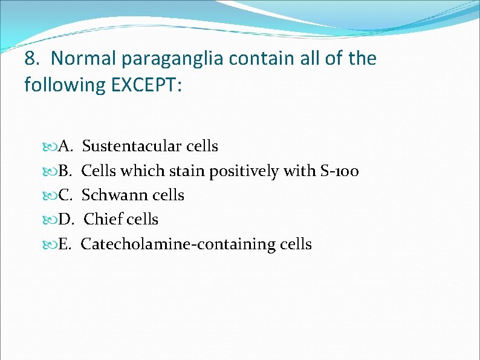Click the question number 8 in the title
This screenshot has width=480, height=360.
[x=31, y=59]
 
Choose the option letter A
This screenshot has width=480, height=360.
[x=66, y=146]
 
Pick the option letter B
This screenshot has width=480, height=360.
[x=66, y=171]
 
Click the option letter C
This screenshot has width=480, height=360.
[x=66, y=195]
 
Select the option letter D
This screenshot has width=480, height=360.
[x=66, y=220]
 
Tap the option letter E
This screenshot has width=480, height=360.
[x=65, y=244]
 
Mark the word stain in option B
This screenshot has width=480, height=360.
[x=186, y=171]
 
